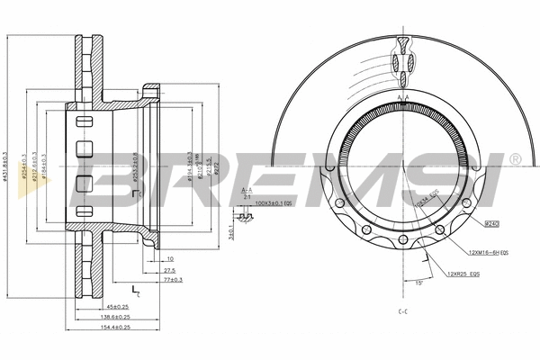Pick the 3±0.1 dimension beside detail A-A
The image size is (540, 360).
click(231, 232)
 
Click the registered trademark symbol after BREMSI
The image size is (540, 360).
click(514, 159)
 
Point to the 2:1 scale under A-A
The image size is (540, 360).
click(247, 197)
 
